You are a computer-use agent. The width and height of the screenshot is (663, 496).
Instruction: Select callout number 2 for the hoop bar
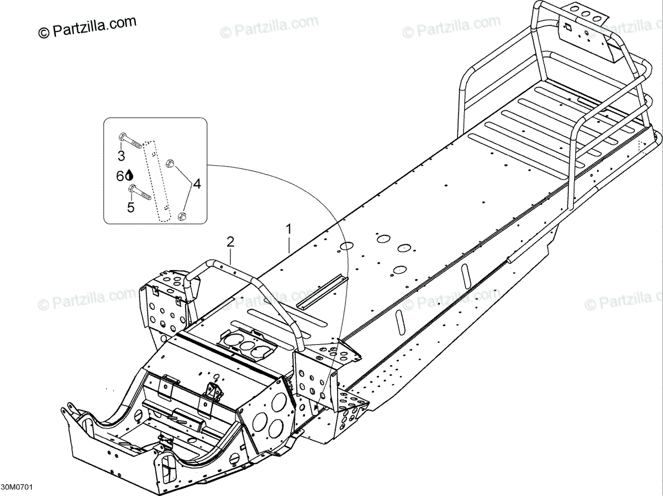[x=230, y=241]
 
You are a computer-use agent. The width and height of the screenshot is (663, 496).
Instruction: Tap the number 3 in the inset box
[x=121, y=156]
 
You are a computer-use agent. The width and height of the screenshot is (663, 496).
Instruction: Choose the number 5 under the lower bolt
[x=131, y=208]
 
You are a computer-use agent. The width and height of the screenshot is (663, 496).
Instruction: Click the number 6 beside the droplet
[x=120, y=176]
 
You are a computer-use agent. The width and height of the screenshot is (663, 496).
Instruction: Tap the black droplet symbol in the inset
[x=130, y=175]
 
